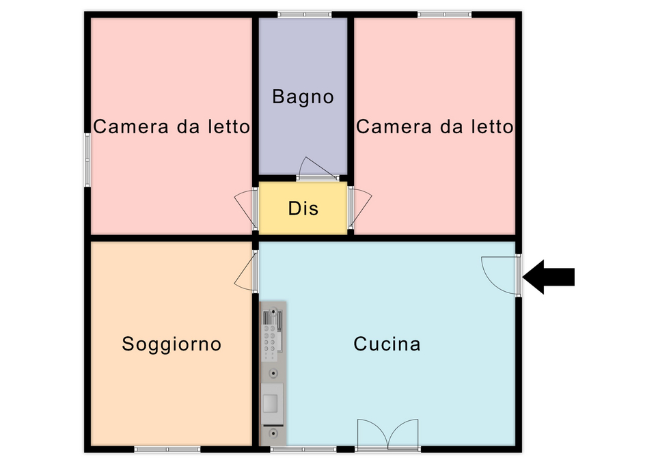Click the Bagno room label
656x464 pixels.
pos(303,97)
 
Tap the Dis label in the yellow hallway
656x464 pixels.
pos(303,208)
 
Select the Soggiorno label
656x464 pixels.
pos(172,344)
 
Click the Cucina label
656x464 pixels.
pos(387,344)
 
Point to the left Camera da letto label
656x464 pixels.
pos(172,126)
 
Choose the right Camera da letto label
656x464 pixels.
pos(435,126)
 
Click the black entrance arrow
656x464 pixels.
pos(549,277)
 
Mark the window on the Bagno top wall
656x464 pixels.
pos(305,14)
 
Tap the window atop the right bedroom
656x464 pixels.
pos(444,14)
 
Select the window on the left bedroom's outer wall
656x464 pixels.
pos(87,160)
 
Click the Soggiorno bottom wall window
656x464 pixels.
pos(167,450)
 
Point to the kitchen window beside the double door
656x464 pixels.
pos(303,450)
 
